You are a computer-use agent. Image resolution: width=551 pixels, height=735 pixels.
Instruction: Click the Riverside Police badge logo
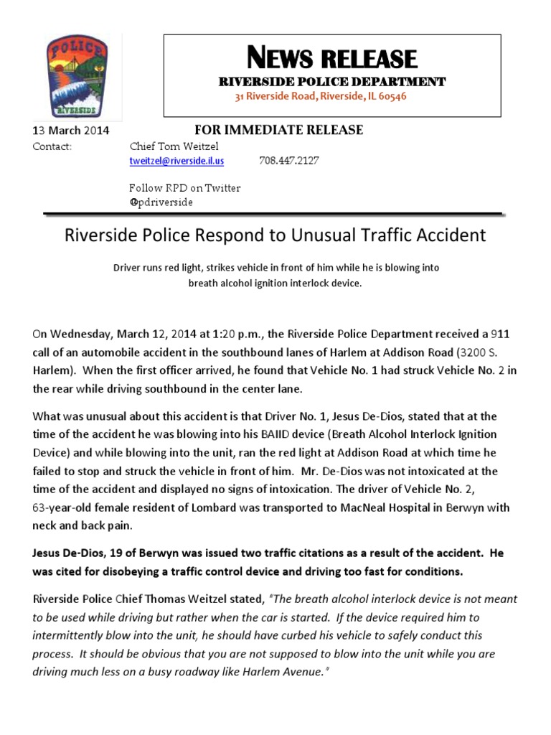[74, 77]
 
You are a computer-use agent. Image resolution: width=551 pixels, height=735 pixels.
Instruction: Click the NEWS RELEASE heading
[331, 58]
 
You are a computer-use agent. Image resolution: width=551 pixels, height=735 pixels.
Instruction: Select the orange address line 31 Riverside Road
[321, 96]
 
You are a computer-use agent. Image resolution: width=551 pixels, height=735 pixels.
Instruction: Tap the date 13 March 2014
[71, 131]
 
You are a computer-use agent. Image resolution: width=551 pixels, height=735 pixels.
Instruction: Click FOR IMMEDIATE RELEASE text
[279, 130]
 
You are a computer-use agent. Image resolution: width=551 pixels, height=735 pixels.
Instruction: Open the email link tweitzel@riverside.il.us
[176, 161]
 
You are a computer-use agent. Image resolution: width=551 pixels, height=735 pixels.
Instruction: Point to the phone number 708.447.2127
[288, 161]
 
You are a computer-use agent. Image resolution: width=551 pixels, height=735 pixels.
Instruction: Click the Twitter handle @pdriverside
[161, 202]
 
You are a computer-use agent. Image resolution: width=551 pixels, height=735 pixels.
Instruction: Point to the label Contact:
[52, 146]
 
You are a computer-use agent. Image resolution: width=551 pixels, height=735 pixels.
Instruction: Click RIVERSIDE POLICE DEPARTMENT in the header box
[331, 82]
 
